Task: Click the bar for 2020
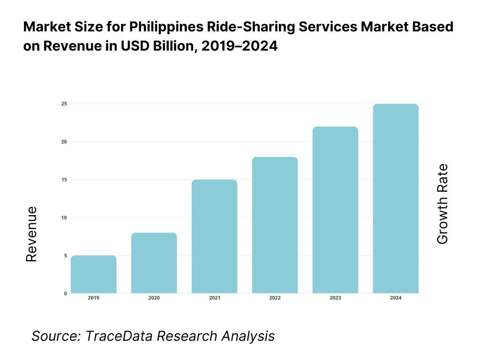[154, 263]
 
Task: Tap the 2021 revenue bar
[214, 236]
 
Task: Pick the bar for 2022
[275, 225]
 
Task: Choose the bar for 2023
[335, 210]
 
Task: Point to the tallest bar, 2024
[396, 199]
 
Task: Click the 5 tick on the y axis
[65, 255]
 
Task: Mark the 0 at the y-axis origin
[65, 293]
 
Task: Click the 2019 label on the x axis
[94, 298]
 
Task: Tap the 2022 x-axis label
[275, 298]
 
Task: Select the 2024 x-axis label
[396, 298]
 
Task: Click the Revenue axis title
[31, 234]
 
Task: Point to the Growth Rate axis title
[442, 204]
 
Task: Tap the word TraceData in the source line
[120, 336]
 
